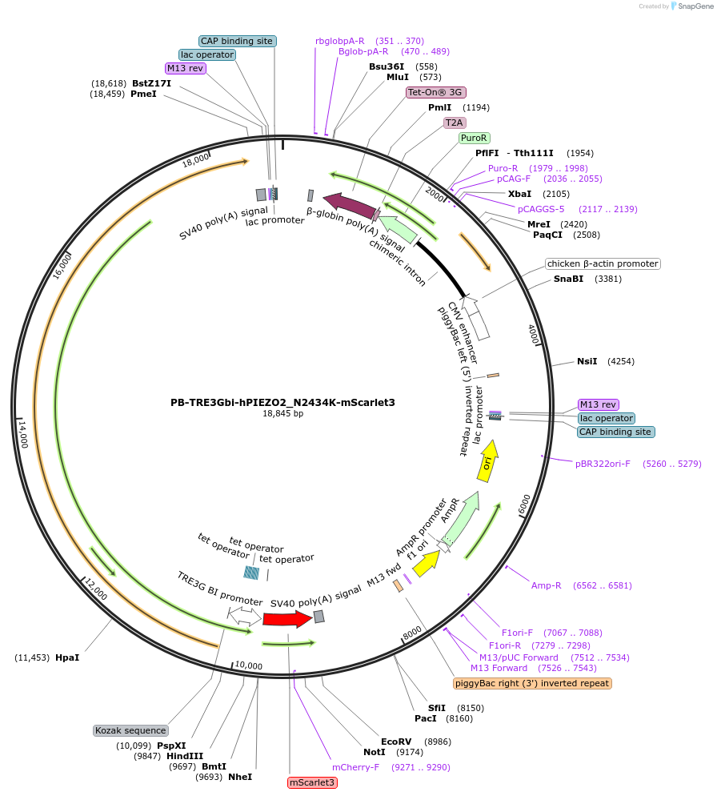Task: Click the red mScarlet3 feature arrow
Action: tap(287, 619)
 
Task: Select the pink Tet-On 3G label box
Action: tap(436, 92)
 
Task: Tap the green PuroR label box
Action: tap(475, 138)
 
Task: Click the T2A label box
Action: tap(455, 123)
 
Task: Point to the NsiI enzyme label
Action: tap(587, 361)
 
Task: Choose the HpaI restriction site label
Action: tap(67, 658)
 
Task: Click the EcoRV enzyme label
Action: tap(396, 742)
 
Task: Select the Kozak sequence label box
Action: tap(131, 730)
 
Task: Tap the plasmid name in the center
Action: tap(282, 403)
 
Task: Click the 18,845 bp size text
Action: tap(282, 414)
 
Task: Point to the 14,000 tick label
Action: tap(23, 434)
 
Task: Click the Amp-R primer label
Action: tap(546, 586)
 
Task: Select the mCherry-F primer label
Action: tap(355, 767)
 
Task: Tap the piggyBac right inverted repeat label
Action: tap(532, 684)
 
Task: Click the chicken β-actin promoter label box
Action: tap(603, 264)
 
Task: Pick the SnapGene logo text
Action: tap(695, 6)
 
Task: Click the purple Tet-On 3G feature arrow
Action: tap(350, 205)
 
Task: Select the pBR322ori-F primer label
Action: tap(603, 464)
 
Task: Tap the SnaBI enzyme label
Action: tap(568, 279)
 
